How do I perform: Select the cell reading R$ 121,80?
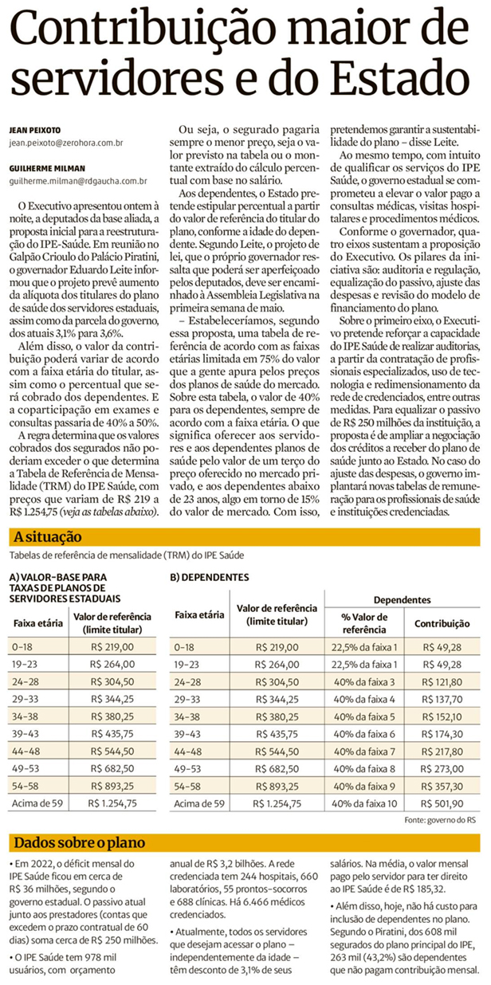click(442, 681)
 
